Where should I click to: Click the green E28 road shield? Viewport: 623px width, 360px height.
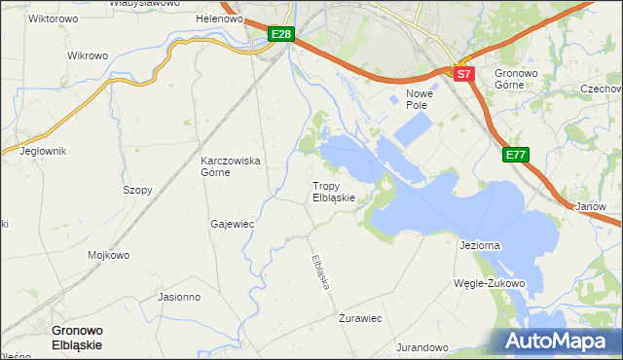coord(280,35)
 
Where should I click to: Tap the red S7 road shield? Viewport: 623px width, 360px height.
coord(463,73)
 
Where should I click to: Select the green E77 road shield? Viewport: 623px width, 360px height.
coord(517,154)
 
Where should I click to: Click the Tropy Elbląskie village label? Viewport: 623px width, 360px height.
coord(339,191)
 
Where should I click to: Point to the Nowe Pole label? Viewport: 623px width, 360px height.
coord(419,97)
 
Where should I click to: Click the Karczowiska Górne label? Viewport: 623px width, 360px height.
coord(230,166)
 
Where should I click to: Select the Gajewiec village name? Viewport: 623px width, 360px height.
coord(232,224)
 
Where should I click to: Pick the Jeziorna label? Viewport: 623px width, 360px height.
coord(479,245)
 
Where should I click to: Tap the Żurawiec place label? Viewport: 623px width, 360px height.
coord(359,318)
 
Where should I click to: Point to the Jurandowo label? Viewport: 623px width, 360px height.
coord(421,347)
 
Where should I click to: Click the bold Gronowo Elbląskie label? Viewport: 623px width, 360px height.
coord(85,337)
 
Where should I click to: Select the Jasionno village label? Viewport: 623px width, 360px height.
coord(178,297)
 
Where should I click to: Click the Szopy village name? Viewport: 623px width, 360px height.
coord(137,190)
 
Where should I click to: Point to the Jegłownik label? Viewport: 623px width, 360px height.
coord(43,151)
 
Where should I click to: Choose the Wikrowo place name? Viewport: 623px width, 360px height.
coord(87,55)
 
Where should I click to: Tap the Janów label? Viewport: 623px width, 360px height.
coord(591,207)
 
